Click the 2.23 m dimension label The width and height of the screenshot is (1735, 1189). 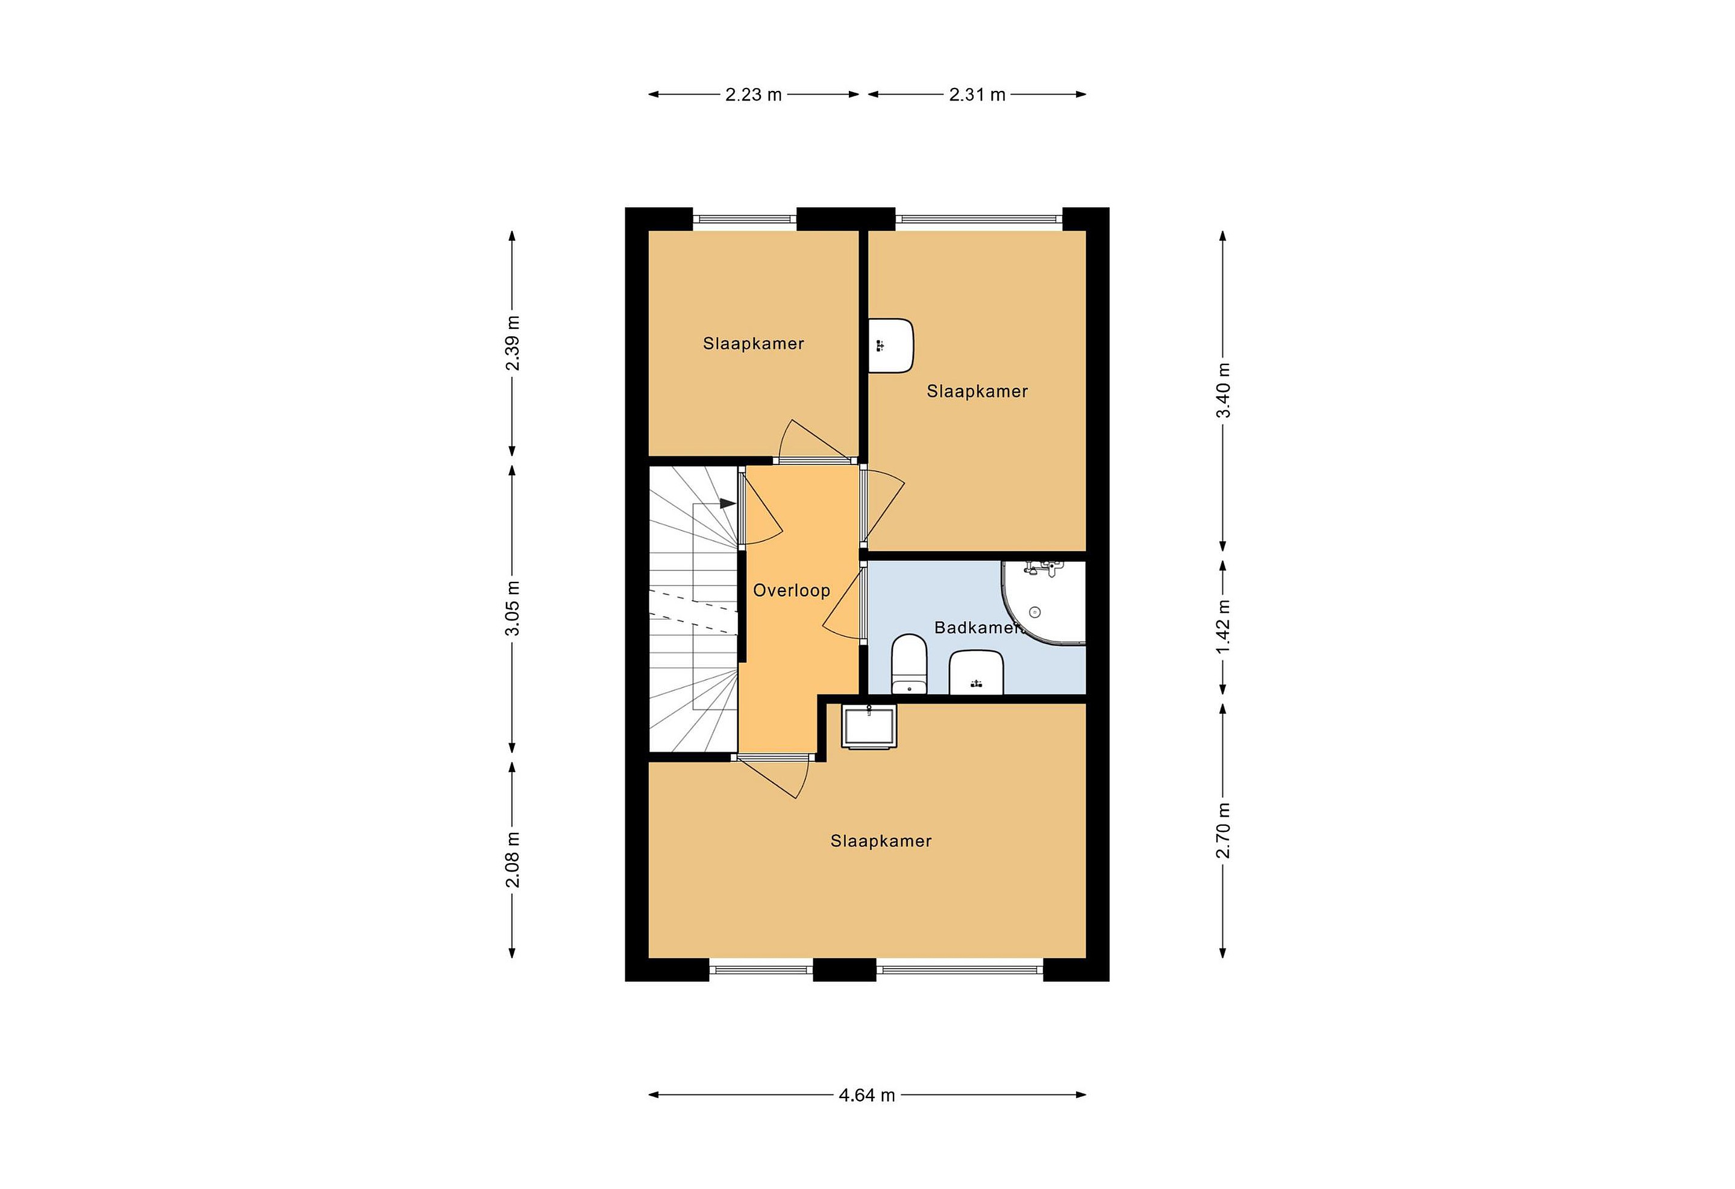tap(753, 95)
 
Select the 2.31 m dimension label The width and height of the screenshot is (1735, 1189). tap(977, 95)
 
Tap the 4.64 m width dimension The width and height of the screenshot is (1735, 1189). tap(867, 1095)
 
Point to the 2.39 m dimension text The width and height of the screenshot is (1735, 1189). tap(513, 343)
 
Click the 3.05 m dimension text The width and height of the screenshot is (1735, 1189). tap(513, 608)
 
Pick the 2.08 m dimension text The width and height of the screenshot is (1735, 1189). tap(513, 860)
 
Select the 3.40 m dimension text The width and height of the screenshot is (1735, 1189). tap(1224, 391)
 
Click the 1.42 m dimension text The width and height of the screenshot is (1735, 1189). tap(1224, 628)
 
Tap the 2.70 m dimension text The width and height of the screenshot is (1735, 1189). tap(1224, 831)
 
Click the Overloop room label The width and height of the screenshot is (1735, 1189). tap(792, 590)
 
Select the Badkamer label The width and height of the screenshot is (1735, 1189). tap(977, 628)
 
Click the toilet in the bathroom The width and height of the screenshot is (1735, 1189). tap(908, 664)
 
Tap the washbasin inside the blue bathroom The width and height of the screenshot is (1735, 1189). tap(976, 672)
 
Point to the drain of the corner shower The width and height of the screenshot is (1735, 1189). tap(1035, 612)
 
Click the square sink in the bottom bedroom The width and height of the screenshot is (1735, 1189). tap(868, 726)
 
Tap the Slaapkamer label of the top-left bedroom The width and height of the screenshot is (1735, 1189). tap(753, 344)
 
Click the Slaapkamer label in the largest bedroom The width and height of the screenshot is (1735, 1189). tap(881, 841)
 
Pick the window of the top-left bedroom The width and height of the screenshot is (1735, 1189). tap(745, 219)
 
